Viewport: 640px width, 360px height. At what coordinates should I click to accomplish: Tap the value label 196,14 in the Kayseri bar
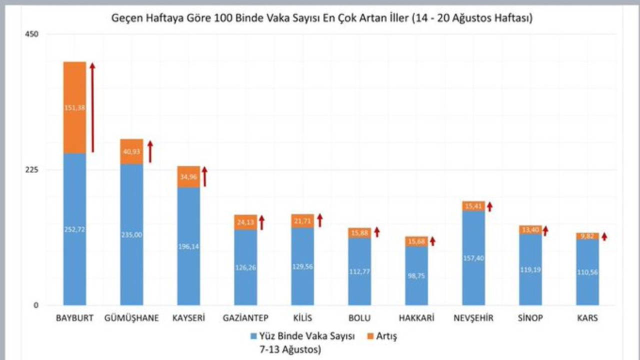pyautogui.click(x=188, y=246)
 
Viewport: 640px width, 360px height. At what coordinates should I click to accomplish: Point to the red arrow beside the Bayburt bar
pyautogui.click(x=92, y=107)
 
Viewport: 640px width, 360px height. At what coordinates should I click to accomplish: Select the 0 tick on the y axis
pyautogui.click(x=35, y=305)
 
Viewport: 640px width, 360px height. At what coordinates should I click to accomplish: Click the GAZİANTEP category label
pyautogui.click(x=245, y=318)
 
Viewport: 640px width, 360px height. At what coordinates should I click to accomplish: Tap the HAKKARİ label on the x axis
pyautogui.click(x=416, y=318)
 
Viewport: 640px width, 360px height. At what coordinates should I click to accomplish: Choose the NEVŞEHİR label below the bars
pyautogui.click(x=473, y=318)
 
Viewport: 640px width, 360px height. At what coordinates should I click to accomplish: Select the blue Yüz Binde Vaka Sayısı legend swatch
pyautogui.click(x=252, y=336)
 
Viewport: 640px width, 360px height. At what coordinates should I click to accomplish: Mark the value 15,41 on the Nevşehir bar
pyautogui.click(x=473, y=206)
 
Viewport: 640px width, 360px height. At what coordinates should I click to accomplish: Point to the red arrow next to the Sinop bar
pyautogui.click(x=545, y=230)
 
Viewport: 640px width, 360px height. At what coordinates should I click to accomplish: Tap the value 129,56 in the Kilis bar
pyautogui.click(x=302, y=267)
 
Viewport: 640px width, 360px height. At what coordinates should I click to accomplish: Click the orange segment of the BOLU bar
pyautogui.click(x=359, y=233)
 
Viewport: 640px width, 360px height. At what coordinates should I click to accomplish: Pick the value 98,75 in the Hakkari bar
pyautogui.click(x=416, y=275)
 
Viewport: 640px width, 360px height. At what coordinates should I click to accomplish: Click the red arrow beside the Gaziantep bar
pyautogui.click(x=261, y=222)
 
